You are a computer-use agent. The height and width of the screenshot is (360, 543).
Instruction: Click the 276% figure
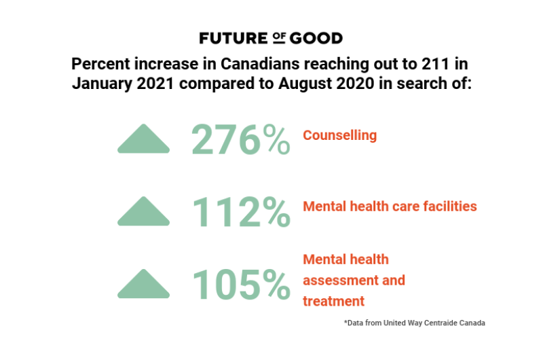(x=240, y=139)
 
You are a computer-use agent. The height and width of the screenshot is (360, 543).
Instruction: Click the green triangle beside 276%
(x=143, y=139)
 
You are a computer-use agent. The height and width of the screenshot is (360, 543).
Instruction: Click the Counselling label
(x=339, y=135)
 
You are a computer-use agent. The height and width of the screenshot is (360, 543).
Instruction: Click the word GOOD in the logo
(x=316, y=38)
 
